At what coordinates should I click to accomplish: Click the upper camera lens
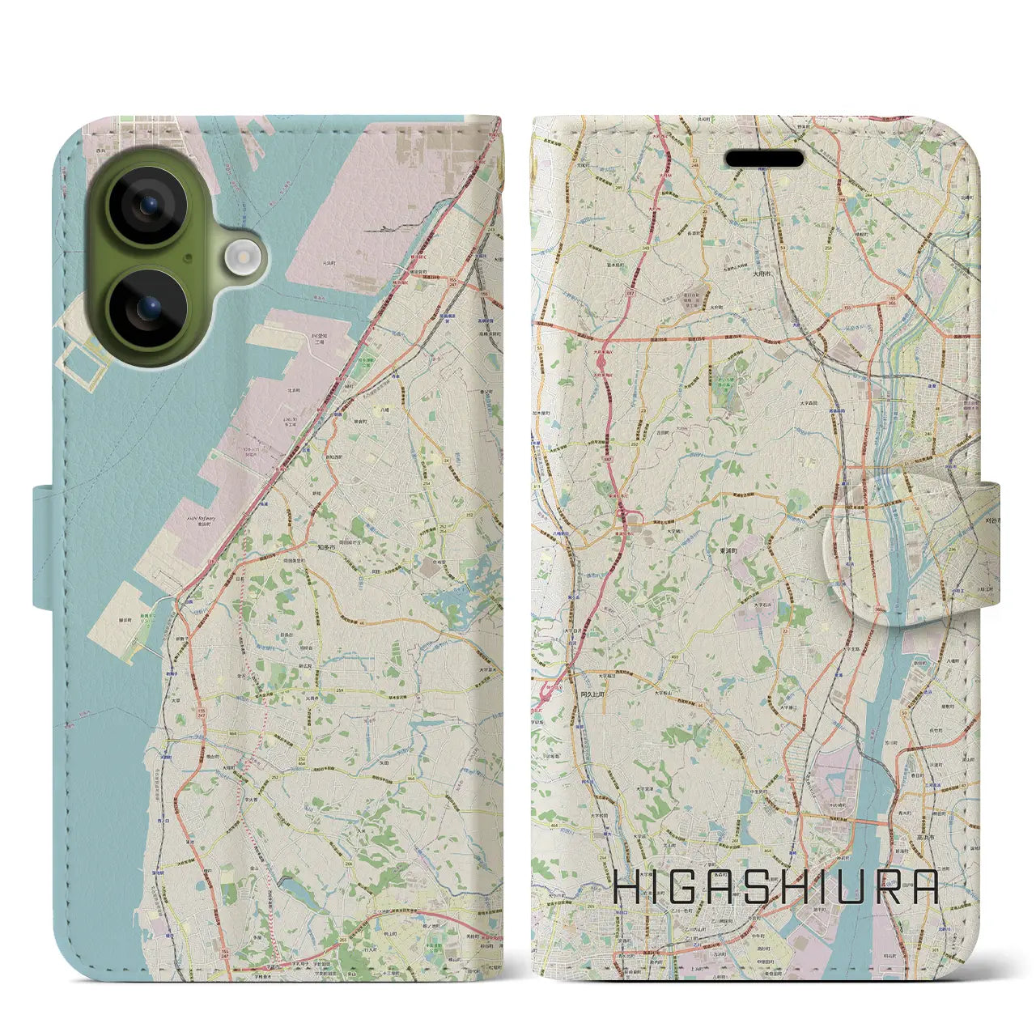click(147, 206)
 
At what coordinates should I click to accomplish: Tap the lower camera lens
click(147, 308)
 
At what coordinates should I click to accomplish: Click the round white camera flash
click(240, 258)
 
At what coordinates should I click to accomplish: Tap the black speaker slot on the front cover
click(764, 159)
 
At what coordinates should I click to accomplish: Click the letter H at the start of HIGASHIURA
click(628, 888)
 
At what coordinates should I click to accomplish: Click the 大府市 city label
click(763, 274)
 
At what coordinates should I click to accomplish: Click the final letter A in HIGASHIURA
click(923, 888)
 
